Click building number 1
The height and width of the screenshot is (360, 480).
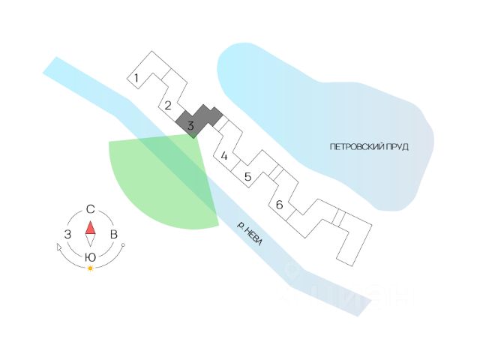point(136,78)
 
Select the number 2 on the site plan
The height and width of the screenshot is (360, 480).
point(168,105)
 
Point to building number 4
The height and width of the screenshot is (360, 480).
point(223,156)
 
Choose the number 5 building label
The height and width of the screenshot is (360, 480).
point(247,177)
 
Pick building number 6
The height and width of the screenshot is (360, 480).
point(279,205)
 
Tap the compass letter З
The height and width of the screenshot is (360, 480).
point(67,235)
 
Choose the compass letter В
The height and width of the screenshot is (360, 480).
point(114,235)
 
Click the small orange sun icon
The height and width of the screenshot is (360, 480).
point(90,268)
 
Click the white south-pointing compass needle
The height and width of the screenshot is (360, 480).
point(90,241)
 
